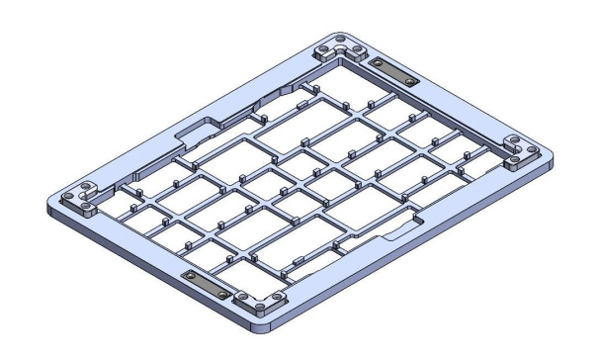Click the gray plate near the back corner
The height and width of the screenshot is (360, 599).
[394, 71]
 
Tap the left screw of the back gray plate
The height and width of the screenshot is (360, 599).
[378, 64]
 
